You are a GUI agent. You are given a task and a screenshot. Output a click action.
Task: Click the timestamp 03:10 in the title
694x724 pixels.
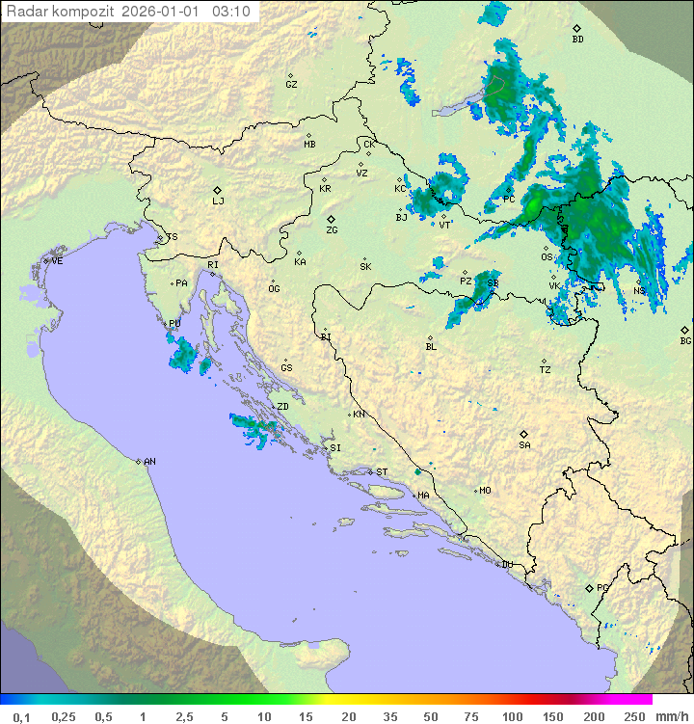tap(231, 12)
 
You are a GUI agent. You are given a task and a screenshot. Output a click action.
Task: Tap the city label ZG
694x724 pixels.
tap(332, 230)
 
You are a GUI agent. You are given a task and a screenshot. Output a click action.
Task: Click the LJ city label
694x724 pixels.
tap(218, 201)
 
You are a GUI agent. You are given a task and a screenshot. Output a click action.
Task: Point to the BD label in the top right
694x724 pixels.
tap(577, 40)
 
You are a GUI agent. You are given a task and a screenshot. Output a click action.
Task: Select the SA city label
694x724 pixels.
tap(524, 445)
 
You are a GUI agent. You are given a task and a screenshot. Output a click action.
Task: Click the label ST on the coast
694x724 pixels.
tap(382, 472)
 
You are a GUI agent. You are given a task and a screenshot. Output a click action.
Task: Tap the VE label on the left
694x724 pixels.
tap(57, 261)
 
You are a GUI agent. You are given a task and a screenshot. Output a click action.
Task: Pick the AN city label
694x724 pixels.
tap(149, 462)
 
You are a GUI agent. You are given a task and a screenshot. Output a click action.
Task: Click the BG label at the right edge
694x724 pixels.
tap(685, 340)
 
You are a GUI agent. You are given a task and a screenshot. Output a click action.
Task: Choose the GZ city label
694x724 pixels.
tap(291, 85)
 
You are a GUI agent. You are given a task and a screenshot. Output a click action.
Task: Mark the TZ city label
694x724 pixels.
tap(546, 370)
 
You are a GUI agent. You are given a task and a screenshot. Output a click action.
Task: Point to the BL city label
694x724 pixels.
tap(431, 347)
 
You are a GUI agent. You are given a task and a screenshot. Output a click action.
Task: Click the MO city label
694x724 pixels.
tap(485, 491)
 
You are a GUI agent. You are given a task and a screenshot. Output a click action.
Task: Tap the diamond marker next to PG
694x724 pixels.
tap(589, 587)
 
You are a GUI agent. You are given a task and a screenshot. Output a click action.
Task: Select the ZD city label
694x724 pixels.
tap(282, 407)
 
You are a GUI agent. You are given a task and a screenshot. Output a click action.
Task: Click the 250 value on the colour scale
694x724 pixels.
tap(633, 716)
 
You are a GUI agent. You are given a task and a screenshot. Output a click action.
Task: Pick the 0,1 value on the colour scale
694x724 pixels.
tap(21, 716)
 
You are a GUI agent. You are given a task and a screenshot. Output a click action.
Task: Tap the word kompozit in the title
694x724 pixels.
tap(81, 12)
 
